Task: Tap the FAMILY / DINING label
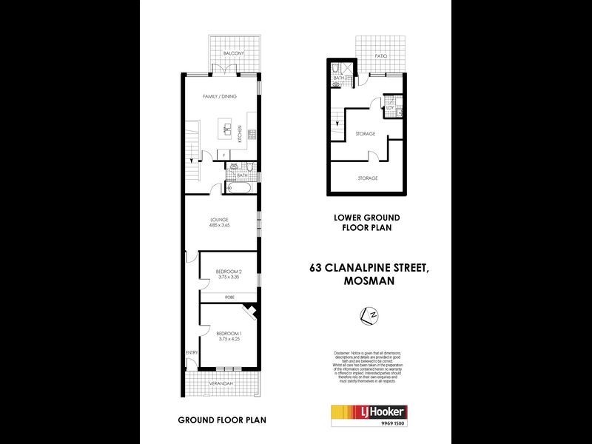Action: [x=221, y=96]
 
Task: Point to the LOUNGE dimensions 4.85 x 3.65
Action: [x=221, y=226]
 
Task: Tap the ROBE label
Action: [x=229, y=297]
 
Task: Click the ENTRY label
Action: [x=191, y=352]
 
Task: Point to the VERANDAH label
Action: [x=221, y=383]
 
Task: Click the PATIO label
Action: [x=380, y=55]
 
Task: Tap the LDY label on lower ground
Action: [x=390, y=107]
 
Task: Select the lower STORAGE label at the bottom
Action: [x=368, y=178]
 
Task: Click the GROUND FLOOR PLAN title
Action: [x=221, y=420]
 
